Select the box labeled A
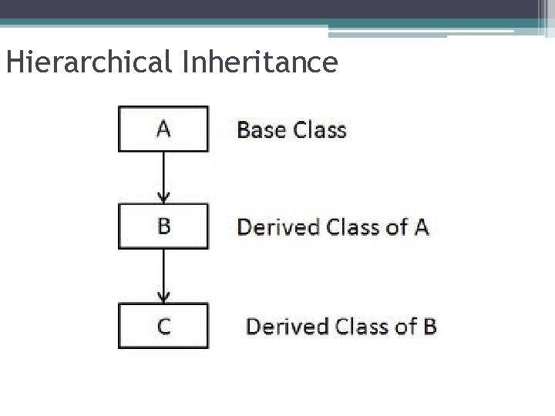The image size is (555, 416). point(163,129)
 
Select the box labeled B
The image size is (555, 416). point(163,226)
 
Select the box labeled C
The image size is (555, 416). point(163,325)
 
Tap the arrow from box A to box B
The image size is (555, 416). point(163,176)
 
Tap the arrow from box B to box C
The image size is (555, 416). point(163,275)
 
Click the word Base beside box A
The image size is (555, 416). point(260,129)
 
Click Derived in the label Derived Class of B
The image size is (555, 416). point(288,326)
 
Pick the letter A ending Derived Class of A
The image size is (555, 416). point(421,227)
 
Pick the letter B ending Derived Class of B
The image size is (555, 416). point(429,326)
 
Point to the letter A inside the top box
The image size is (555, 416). point(163,129)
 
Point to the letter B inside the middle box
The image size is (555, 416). point(164,226)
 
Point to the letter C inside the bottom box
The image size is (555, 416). point(164,326)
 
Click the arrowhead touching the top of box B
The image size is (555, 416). point(163,198)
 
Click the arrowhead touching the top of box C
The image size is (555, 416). point(163,297)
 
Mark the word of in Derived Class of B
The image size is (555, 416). point(405,326)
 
